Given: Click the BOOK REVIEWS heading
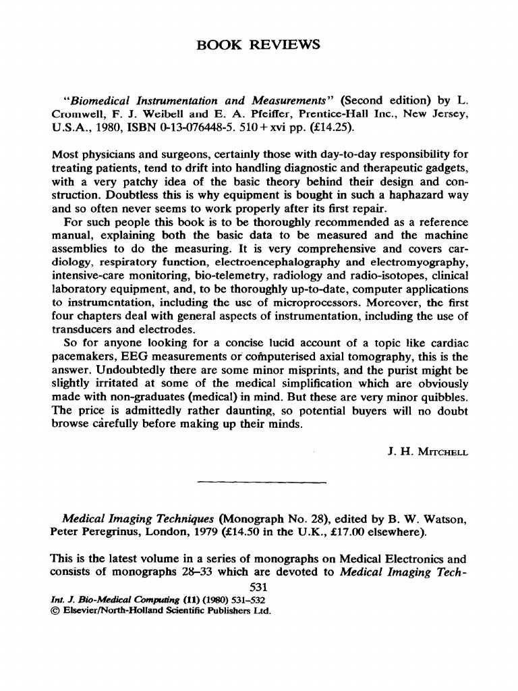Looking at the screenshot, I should pos(259,45).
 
